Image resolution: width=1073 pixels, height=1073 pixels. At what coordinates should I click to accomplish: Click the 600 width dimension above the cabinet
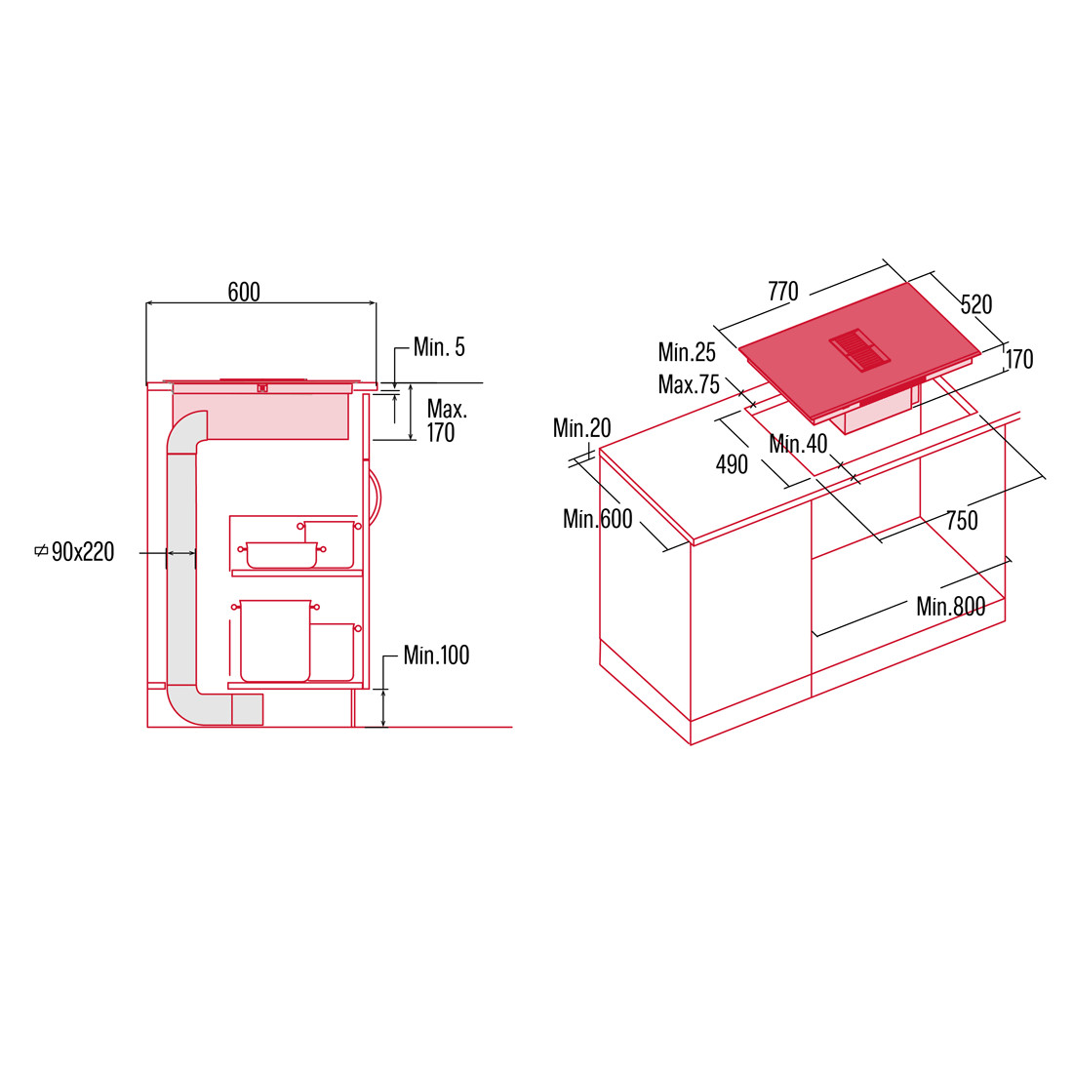click(x=244, y=293)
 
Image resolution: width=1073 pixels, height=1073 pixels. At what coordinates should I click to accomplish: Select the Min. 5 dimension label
click(x=439, y=347)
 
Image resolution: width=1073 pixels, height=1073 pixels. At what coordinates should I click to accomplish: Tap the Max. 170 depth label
click(x=446, y=420)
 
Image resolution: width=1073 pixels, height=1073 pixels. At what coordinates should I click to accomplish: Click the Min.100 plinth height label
click(x=436, y=655)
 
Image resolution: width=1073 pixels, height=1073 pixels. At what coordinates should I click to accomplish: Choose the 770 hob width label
click(x=783, y=292)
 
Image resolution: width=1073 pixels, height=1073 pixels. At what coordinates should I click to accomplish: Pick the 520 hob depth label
click(x=975, y=304)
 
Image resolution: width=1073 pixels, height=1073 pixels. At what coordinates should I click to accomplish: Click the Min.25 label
click(x=687, y=352)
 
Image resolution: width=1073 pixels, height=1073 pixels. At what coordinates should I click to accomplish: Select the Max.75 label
click(x=689, y=384)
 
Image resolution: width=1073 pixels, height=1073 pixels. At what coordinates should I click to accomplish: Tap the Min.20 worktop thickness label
click(x=581, y=428)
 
